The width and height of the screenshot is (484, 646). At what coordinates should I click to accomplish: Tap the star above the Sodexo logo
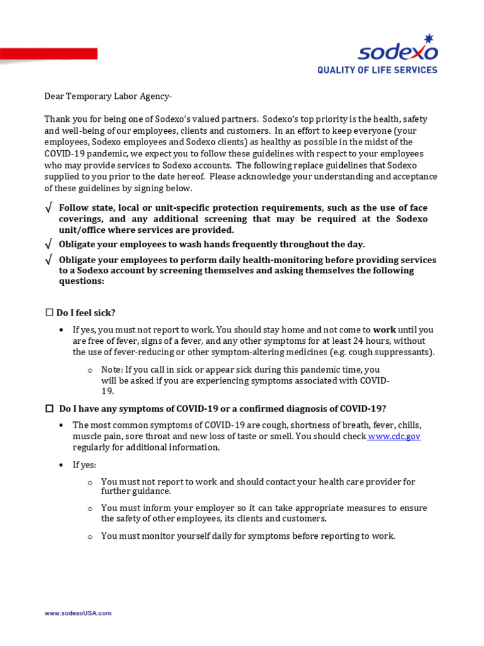pos(429,38)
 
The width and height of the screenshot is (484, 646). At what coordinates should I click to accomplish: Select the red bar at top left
pos(49,54)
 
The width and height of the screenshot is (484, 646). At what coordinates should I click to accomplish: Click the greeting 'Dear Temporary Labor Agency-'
pos(107,96)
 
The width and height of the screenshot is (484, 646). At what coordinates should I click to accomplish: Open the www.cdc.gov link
pos(395,436)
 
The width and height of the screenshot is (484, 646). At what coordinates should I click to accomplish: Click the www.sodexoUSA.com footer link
pos(78,613)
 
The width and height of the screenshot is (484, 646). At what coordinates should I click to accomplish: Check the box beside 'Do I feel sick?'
pos(49,313)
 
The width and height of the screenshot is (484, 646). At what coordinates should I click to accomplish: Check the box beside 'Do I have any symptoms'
pos(49,408)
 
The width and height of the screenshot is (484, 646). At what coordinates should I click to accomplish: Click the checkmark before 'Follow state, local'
pos(49,208)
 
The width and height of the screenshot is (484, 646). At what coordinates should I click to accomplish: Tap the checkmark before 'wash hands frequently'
pos(49,244)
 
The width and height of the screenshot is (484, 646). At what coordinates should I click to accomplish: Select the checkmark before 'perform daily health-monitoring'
pos(49,260)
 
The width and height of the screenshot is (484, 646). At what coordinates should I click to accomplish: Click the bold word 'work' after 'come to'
pos(385,329)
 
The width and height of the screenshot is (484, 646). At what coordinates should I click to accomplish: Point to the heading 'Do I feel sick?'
pos(86,313)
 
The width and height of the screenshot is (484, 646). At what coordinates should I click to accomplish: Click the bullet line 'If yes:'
pos(84,465)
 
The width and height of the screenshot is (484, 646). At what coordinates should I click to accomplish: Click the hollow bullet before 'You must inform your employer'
pos(90,508)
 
